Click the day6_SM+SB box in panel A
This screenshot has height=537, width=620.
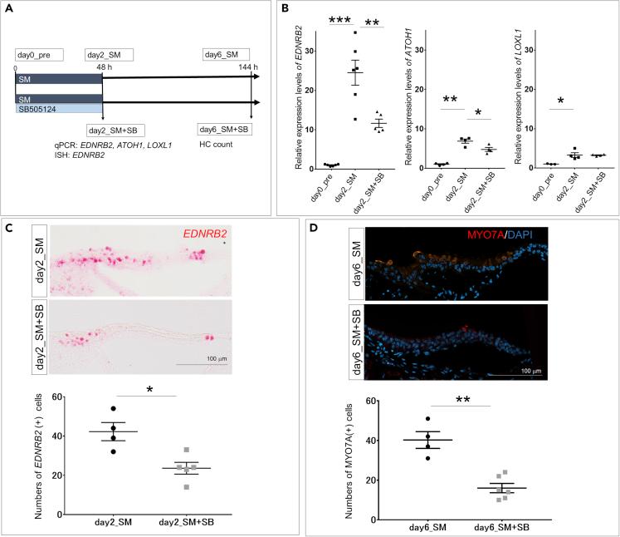[x=226, y=131]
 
